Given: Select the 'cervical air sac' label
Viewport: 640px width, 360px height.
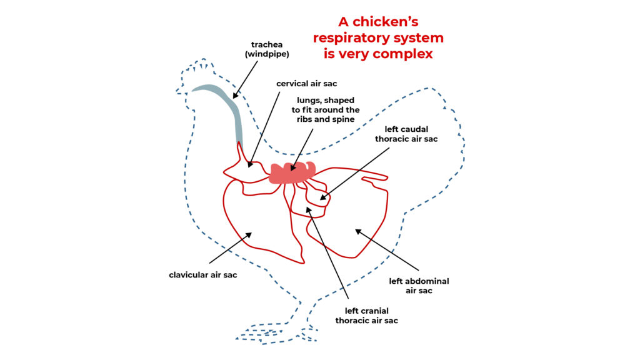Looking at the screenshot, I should (x=303, y=83).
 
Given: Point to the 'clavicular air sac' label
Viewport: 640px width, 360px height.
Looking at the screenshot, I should (x=203, y=275).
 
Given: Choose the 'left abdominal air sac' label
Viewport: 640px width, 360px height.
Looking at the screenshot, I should (x=419, y=286).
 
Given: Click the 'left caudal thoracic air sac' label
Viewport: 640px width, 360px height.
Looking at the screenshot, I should (x=406, y=134).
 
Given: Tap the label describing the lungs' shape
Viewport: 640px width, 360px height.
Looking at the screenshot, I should (x=325, y=110).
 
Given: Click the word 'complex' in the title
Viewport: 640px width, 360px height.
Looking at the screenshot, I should (x=402, y=54).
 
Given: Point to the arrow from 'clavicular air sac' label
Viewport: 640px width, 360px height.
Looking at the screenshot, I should (x=230, y=248).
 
